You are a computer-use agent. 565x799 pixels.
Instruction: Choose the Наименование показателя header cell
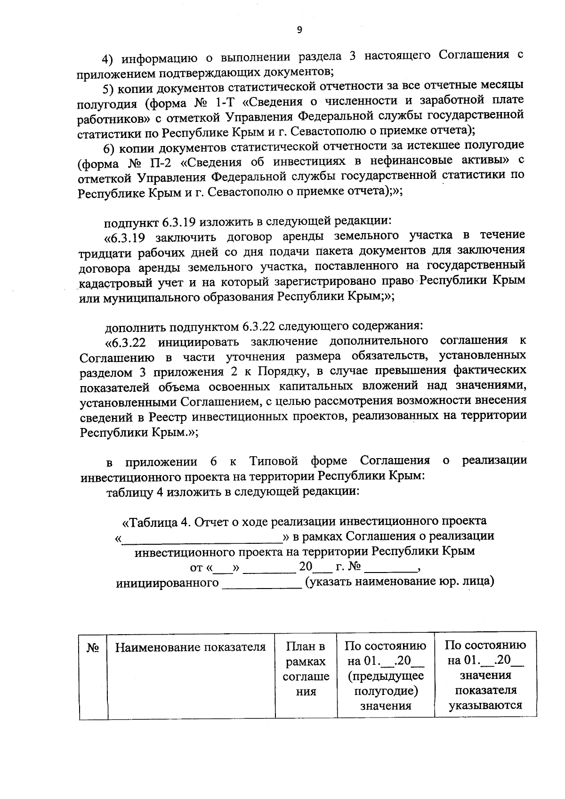coord(191,647)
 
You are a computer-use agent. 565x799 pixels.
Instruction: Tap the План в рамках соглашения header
coord(306,669)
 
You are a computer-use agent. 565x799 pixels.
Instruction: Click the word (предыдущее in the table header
coord(386,676)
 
